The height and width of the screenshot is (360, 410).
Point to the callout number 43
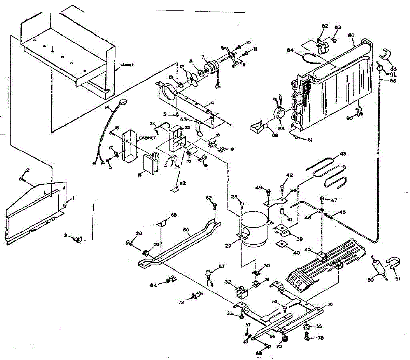click(x=343, y=154)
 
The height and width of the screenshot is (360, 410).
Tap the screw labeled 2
click(x=22, y=178)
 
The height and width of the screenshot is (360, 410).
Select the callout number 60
click(x=186, y=230)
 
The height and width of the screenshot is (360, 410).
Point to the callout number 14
click(x=108, y=108)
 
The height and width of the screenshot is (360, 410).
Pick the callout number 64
click(x=153, y=285)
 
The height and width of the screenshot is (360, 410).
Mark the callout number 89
click(x=275, y=135)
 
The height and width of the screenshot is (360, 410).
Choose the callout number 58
click(x=259, y=353)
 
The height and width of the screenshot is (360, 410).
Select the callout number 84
click(x=290, y=50)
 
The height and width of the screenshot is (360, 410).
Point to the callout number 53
click(x=183, y=120)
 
